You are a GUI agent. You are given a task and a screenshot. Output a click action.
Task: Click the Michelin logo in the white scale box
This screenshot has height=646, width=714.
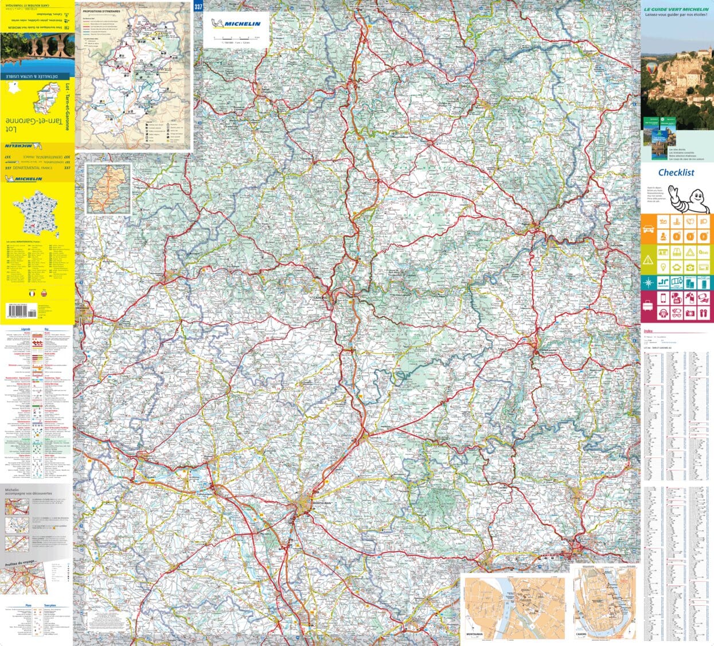(x=235, y=24)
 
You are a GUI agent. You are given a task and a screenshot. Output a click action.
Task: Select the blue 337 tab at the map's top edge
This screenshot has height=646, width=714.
(x=198, y=6)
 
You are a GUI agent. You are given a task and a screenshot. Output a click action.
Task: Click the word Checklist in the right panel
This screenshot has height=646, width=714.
(x=676, y=172)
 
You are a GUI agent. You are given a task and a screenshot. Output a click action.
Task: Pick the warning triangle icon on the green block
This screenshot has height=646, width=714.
(x=648, y=260)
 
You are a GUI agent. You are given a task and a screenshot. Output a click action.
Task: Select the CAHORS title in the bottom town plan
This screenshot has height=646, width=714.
(x=582, y=635)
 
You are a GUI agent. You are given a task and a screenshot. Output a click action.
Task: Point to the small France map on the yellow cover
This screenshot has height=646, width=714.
(x=36, y=216)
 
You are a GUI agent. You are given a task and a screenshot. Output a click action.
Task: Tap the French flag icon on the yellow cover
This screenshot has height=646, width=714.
(x=34, y=293)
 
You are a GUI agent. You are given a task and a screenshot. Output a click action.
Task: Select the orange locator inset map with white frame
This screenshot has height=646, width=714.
(x=108, y=189)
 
